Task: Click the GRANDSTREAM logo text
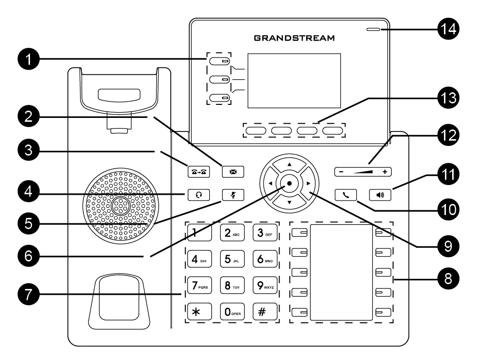tap(294, 38)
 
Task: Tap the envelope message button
tap(233, 172)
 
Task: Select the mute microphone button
tap(233, 195)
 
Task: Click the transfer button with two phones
tap(198, 172)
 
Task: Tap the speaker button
tap(380, 195)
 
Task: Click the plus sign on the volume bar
tap(385, 172)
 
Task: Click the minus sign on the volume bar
tap(341, 172)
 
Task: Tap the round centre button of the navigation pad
tap(289, 183)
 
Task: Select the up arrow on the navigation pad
tap(289, 164)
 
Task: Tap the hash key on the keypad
tap(265, 311)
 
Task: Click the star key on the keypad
tap(199, 311)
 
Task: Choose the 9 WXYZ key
tap(265, 285)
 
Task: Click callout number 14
tap(448, 29)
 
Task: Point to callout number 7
tap(29, 294)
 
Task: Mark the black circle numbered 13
tap(448, 98)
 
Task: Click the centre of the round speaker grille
tap(121, 206)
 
